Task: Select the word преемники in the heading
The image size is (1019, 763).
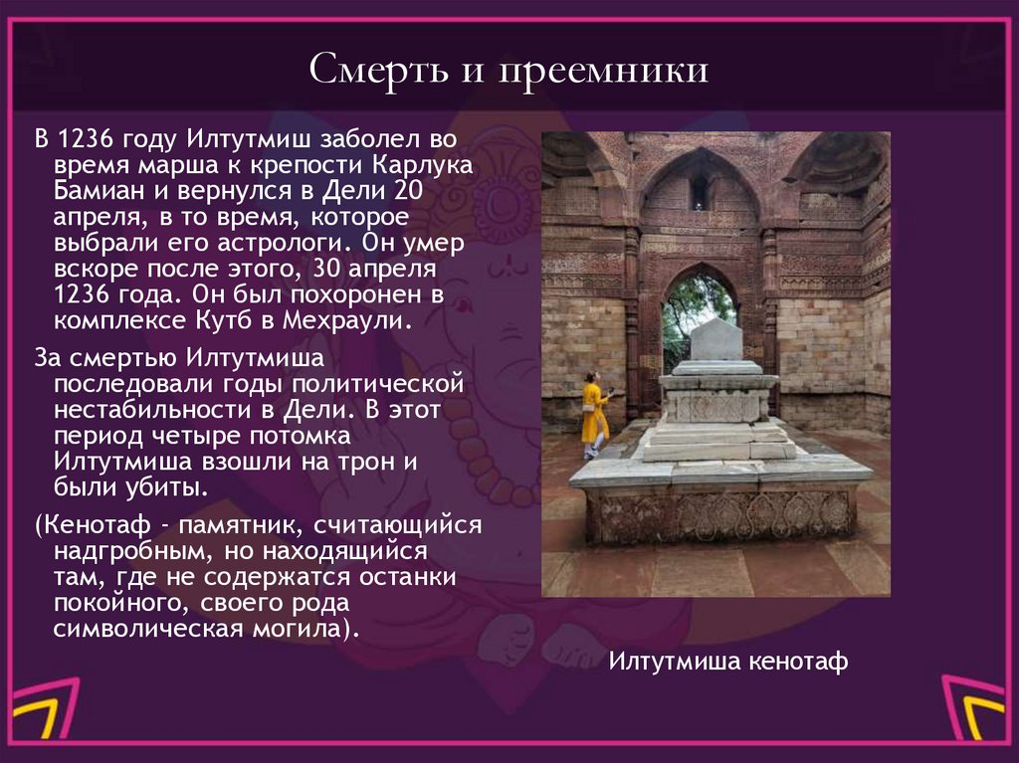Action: click(598, 72)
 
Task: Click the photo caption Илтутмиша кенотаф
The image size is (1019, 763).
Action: click(727, 662)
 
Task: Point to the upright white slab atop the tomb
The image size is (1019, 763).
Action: click(716, 340)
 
